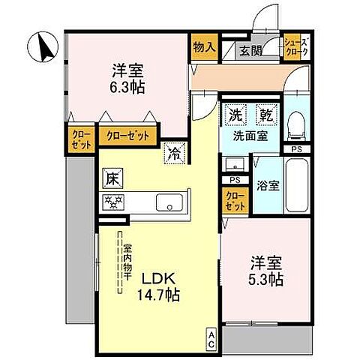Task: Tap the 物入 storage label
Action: (203, 46)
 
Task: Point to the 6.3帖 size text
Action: (129, 87)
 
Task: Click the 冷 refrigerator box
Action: (174, 152)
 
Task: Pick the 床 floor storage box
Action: (109, 178)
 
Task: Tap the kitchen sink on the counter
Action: (168, 202)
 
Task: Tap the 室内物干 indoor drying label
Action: (128, 258)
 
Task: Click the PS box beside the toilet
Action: (297, 148)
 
